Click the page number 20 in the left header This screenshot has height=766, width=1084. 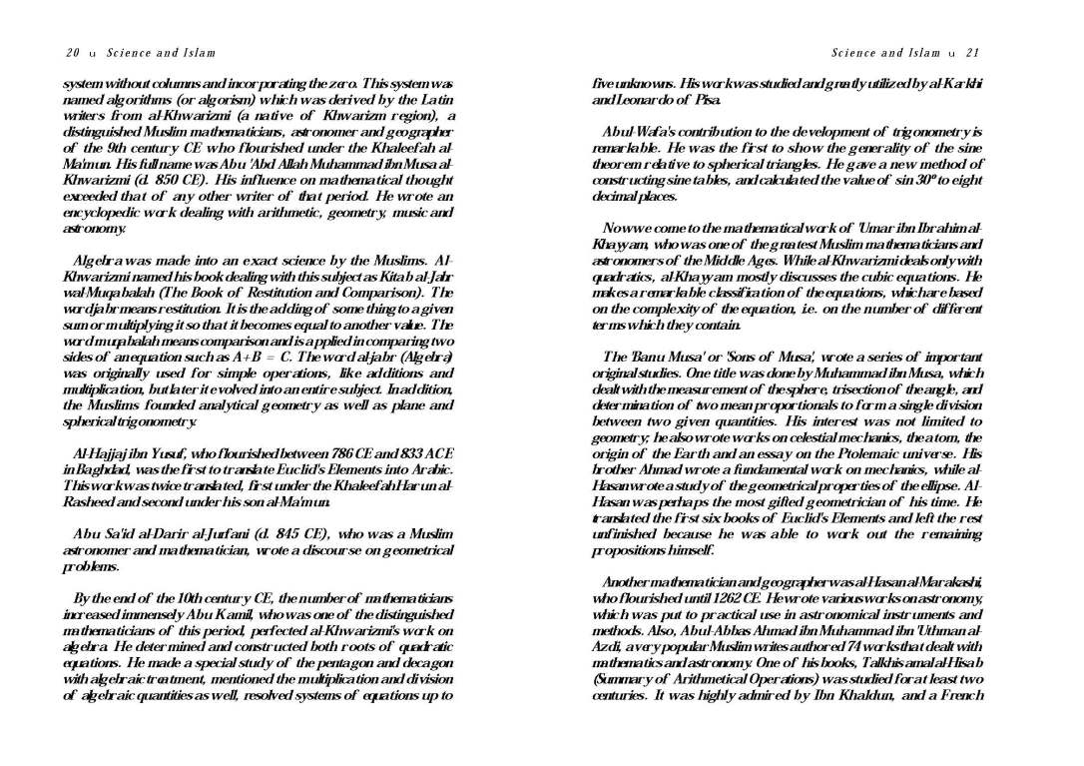click(73, 53)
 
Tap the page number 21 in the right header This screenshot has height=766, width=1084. click(973, 53)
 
